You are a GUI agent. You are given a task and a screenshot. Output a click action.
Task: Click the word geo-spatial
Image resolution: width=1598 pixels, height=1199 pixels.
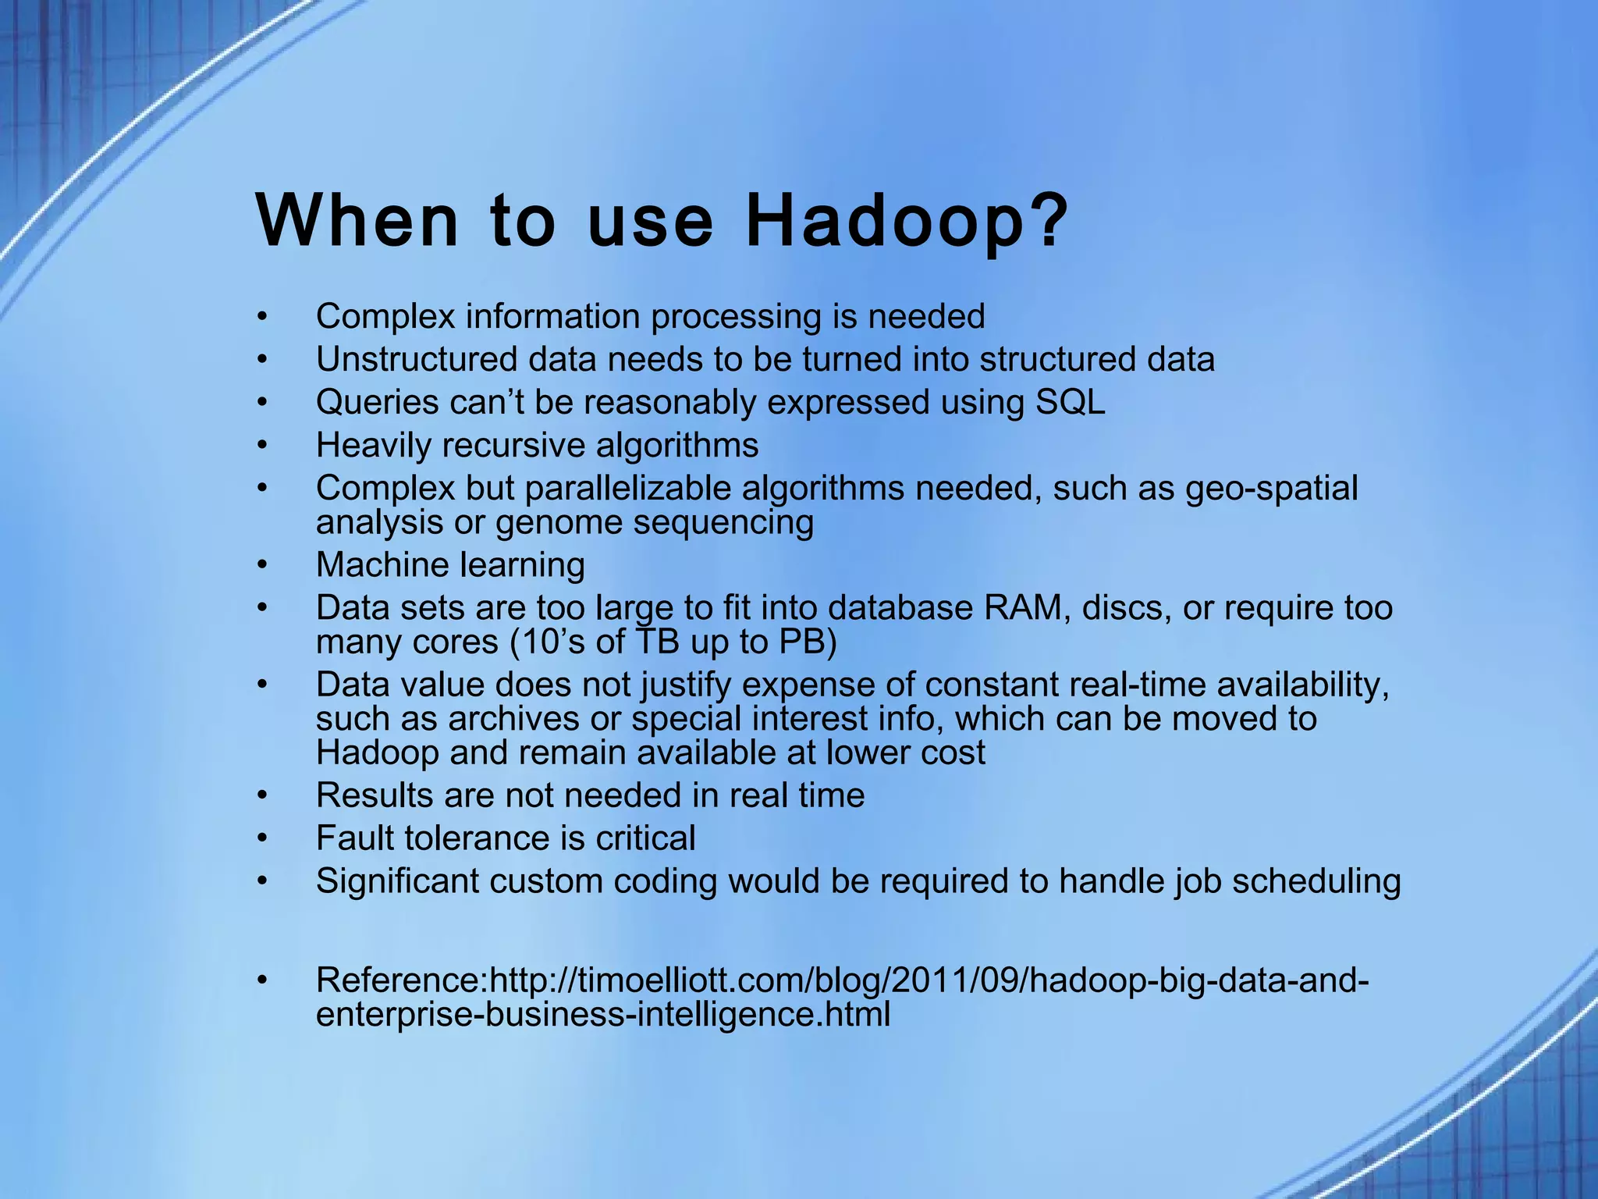1271,489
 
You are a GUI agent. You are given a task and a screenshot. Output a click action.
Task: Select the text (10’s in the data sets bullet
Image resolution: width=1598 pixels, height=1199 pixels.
547,642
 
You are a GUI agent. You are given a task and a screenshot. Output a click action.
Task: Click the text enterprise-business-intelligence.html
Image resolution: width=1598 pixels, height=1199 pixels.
602,1015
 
